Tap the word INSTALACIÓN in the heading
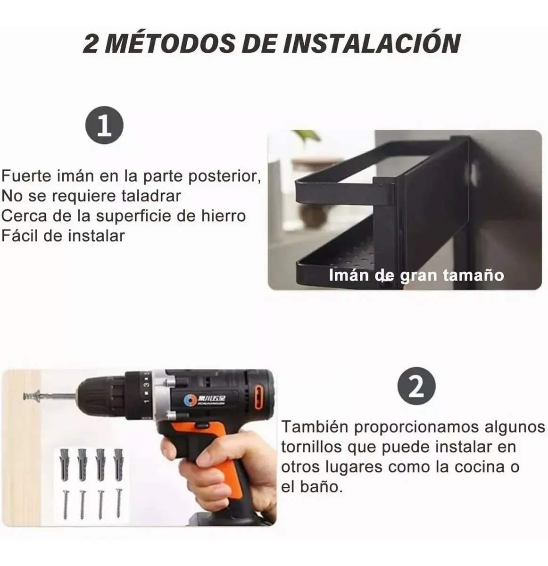(373, 43)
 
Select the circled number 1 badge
(104, 127)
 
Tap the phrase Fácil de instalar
(63, 235)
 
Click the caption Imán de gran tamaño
(416, 275)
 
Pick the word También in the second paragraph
(314, 427)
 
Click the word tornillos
(311, 447)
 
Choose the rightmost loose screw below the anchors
(118, 503)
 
